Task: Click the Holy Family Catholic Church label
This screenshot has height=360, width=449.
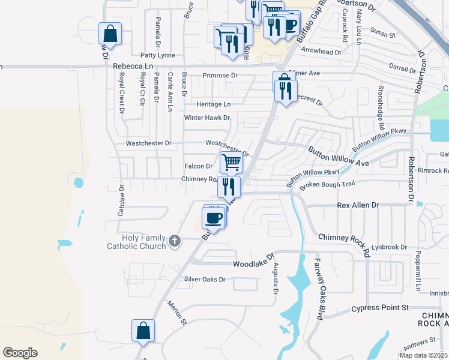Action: point(136,241)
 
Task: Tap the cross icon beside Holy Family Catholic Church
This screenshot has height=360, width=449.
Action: point(175,241)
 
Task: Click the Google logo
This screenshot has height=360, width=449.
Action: point(20,353)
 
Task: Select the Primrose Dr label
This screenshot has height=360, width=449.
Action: point(220,76)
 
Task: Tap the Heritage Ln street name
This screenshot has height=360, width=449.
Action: point(213,104)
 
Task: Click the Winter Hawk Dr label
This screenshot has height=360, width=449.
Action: point(206,118)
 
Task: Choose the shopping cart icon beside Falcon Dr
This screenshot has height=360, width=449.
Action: point(231,161)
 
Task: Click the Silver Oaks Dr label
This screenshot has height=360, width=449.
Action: point(205,280)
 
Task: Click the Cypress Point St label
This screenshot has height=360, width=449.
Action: point(380,308)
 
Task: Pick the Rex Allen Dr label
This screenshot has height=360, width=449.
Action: point(358,205)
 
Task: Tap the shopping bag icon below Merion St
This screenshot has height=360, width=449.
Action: point(143,331)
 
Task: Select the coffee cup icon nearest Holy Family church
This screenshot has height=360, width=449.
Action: point(214,217)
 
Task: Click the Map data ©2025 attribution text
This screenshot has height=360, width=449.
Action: point(424,355)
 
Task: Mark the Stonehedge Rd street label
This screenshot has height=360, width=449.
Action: point(380,108)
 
